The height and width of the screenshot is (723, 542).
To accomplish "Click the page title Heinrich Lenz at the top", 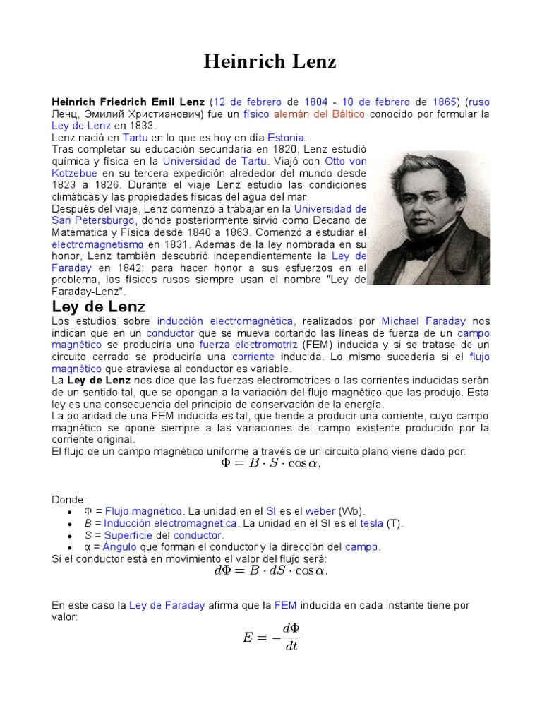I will (270, 62).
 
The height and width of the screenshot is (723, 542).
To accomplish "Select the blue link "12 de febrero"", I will (247, 102).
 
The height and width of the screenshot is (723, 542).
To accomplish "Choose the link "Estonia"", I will (287, 138).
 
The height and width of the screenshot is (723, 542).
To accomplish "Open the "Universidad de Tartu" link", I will (215, 161).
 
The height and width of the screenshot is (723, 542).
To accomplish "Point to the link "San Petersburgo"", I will (85, 220).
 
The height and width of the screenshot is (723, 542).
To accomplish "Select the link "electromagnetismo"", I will (97, 244).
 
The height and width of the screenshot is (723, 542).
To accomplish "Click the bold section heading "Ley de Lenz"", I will (99, 306).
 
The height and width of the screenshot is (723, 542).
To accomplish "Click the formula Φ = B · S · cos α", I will (270, 464).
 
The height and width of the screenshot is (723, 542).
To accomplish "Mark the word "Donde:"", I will (69, 499).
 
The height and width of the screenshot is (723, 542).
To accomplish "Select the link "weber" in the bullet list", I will (320, 511).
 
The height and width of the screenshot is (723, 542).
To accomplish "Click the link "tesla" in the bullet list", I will (371, 523).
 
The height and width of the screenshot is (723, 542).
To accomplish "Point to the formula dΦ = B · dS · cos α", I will (270, 571).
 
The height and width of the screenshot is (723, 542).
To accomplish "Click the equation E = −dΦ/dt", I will (271, 637).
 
